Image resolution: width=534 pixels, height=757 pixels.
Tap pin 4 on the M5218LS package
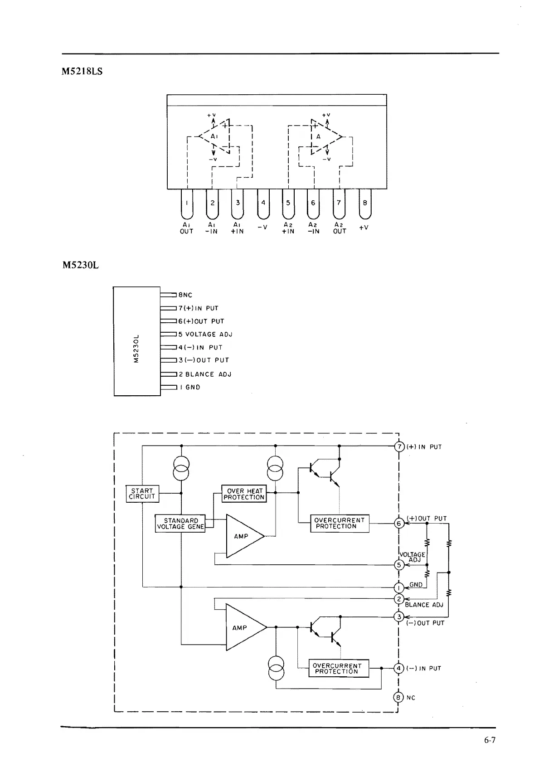[x=263, y=204]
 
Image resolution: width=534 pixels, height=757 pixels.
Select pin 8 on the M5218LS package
[x=364, y=204]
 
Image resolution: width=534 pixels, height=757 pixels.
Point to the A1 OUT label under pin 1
[x=187, y=228]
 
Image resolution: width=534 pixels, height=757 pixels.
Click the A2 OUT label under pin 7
[x=340, y=228]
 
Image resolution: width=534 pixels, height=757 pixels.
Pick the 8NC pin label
[x=185, y=295]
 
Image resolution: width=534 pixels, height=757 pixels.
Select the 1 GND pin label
[x=190, y=388]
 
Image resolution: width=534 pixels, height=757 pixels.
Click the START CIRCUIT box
[x=142, y=494]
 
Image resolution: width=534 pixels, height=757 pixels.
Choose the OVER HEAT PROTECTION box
[x=244, y=494]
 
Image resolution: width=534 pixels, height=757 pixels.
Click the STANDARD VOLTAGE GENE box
[x=180, y=524]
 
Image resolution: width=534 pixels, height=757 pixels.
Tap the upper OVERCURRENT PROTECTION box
[x=340, y=524]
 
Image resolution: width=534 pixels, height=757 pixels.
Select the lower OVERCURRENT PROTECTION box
[x=339, y=669]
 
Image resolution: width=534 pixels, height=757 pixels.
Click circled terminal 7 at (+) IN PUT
[x=399, y=447]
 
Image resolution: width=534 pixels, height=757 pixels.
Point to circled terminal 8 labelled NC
[x=398, y=698]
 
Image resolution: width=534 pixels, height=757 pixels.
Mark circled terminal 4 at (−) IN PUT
[x=398, y=668]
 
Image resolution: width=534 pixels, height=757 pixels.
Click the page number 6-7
[x=490, y=741]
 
